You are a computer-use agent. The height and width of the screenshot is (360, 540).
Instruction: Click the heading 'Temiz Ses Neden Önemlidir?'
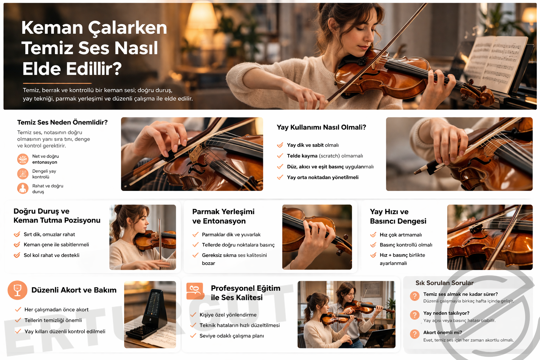[x=62, y=122]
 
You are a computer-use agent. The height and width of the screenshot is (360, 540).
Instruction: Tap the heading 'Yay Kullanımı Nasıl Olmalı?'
[x=321, y=127]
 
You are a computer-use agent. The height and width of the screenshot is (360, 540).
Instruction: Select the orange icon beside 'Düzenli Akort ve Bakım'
[x=17, y=290]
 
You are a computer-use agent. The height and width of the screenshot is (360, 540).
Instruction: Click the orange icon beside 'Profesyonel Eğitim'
[x=195, y=291]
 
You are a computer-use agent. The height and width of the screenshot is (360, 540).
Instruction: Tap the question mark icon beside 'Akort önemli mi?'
[x=414, y=334]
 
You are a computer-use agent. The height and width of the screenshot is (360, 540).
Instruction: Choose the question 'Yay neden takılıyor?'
[x=446, y=313]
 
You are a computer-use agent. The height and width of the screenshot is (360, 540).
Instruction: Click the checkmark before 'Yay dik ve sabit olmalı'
[x=280, y=145]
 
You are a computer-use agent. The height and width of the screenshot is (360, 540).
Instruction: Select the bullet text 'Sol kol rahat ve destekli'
[x=51, y=255]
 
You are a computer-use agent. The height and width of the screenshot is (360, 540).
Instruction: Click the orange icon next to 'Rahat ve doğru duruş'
[x=22, y=188]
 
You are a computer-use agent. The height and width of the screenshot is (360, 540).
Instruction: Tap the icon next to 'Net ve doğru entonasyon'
[x=22, y=159]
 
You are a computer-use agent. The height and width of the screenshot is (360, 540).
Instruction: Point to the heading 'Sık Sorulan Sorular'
[x=444, y=283]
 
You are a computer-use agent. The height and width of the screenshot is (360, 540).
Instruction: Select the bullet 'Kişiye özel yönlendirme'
[x=228, y=315]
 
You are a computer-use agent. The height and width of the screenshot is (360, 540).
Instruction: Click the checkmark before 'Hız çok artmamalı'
[x=373, y=234]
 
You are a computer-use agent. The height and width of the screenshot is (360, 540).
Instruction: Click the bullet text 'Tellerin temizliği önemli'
[x=53, y=320]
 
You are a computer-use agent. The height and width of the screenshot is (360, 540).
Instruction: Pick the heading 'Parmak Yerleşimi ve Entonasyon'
[x=223, y=216]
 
